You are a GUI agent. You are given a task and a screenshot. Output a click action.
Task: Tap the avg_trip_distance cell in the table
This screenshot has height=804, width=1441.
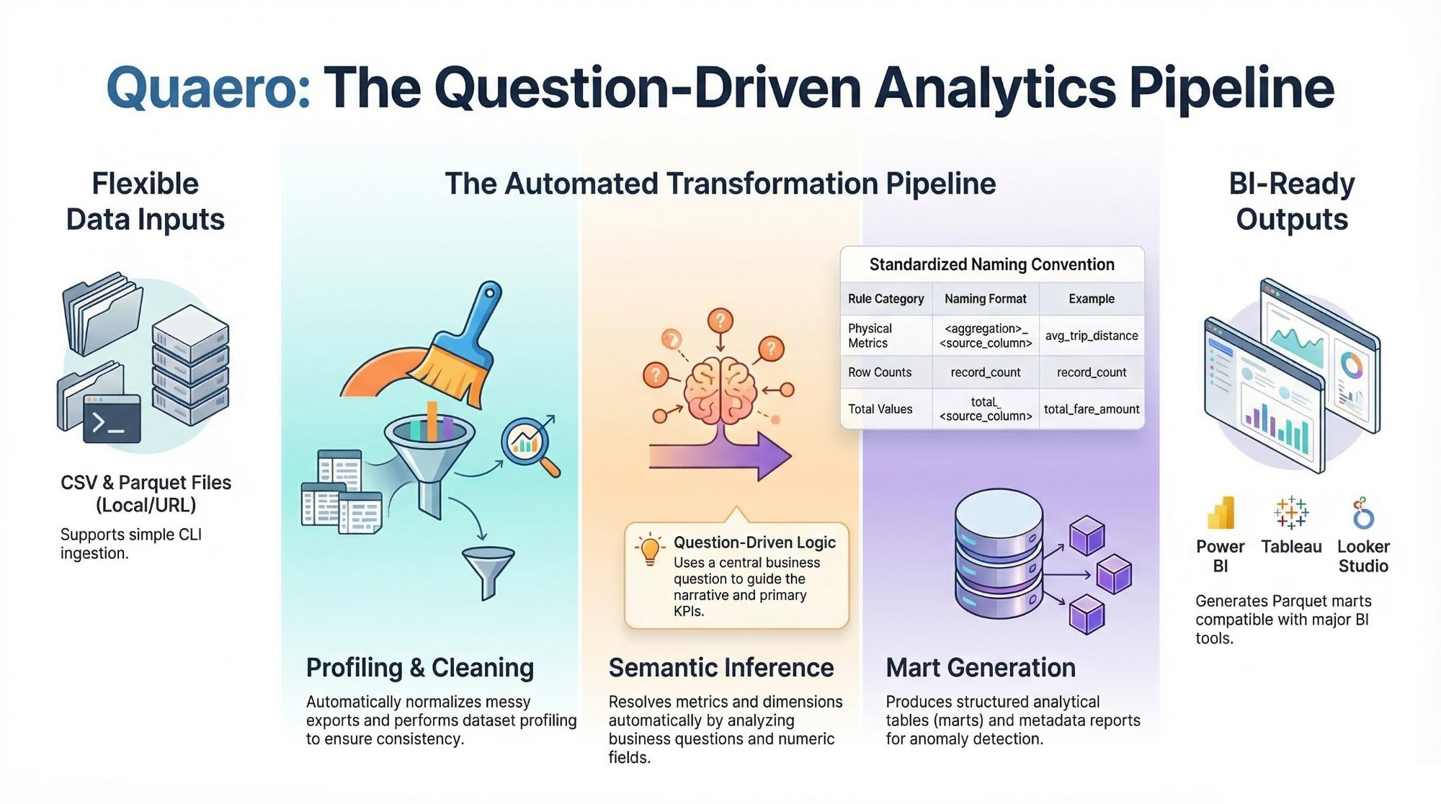coord(1092,336)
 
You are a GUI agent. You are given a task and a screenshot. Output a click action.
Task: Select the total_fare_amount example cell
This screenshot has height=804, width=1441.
coord(1092,409)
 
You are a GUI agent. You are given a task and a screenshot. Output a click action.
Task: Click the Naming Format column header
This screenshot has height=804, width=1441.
coord(986,299)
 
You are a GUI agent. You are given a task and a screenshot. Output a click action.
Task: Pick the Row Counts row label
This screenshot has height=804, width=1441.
coord(880,372)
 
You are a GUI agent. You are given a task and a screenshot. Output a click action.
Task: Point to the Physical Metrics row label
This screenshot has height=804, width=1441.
coord(870,336)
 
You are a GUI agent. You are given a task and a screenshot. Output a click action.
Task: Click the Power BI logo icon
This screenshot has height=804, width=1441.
coord(1221,514)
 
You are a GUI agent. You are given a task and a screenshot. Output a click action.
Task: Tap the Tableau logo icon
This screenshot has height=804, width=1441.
coord(1291,512)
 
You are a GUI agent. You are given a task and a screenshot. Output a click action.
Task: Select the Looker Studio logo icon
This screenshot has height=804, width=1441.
coord(1362,513)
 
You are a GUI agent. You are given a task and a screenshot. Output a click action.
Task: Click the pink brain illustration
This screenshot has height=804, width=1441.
coord(720,390)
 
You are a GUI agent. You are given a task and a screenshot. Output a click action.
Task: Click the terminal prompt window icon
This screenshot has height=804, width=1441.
coord(112,419)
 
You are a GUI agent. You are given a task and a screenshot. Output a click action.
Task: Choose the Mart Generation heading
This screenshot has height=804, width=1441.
coord(981,668)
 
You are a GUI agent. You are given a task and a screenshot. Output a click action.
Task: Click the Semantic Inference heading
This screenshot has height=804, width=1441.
coord(721,668)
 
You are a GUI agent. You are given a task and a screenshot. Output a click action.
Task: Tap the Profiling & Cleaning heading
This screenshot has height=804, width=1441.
coord(420,668)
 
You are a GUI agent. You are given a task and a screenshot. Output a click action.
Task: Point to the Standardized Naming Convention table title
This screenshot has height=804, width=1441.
coord(992,264)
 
